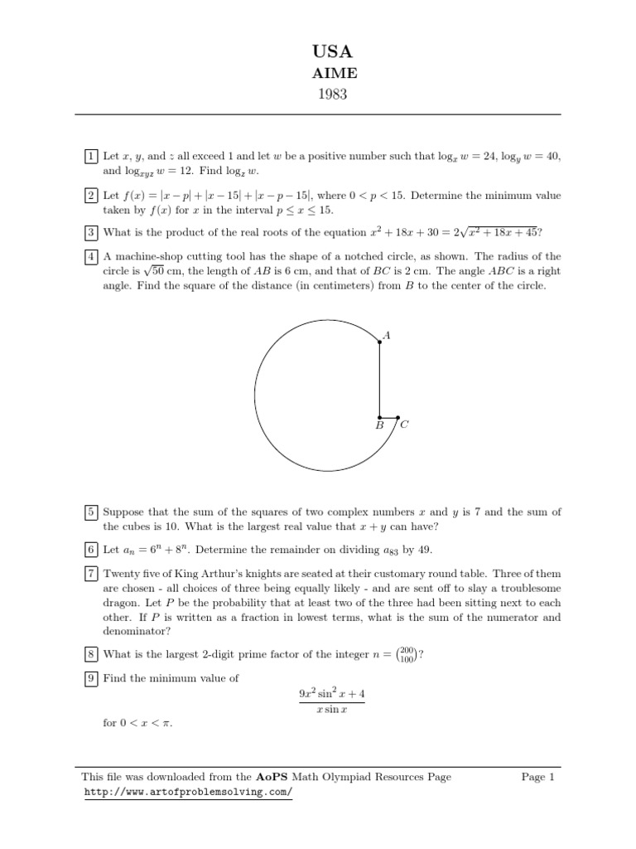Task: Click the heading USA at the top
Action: [x=318, y=52]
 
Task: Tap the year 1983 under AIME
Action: [x=318, y=94]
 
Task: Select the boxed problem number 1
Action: [x=89, y=156]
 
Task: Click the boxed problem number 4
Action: [x=89, y=256]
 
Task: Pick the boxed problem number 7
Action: [x=89, y=573]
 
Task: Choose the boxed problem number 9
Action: [x=89, y=678]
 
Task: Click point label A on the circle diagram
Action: [x=387, y=336]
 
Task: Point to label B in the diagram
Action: [x=379, y=425]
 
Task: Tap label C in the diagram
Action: [x=404, y=425]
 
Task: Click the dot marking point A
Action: [x=379, y=341]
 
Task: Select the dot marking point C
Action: [x=397, y=417]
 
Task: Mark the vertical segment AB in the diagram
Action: [x=379, y=380]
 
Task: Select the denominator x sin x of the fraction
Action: [x=330, y=715]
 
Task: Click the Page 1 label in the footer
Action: [x=537, y=777]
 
